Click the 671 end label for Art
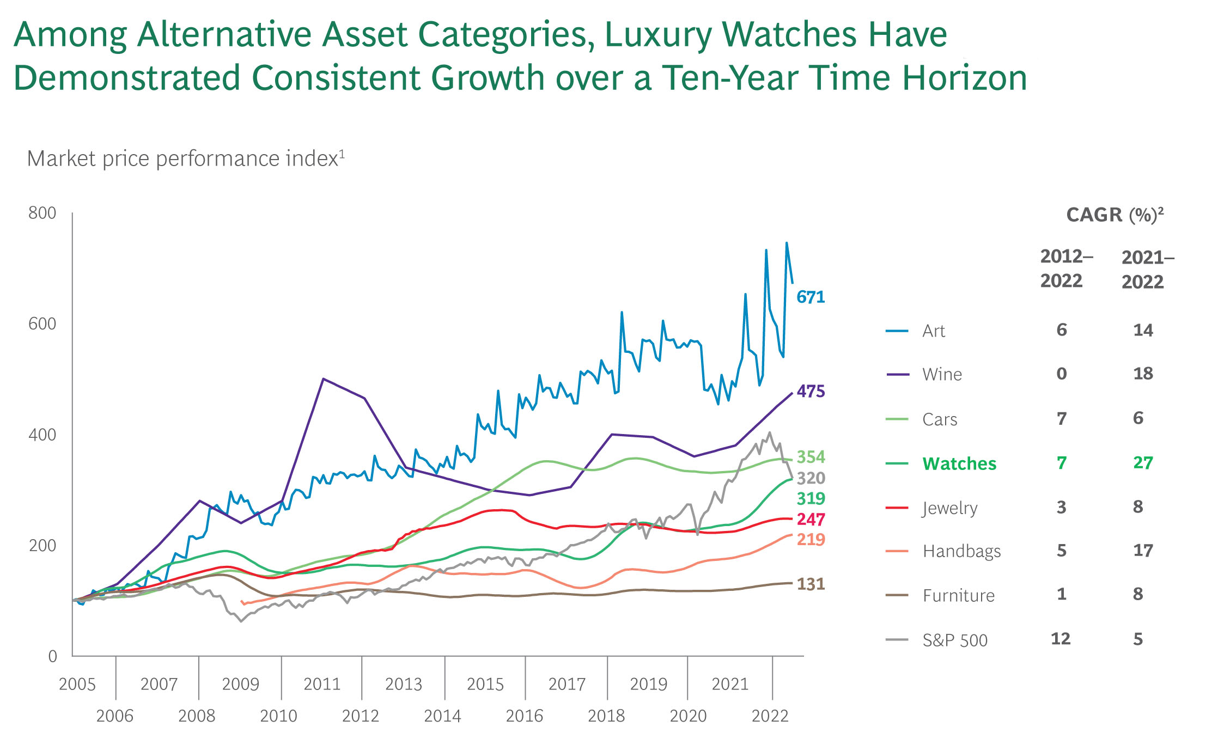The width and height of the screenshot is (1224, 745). coord(811,297)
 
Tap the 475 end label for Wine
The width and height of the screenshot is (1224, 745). coord(811,392)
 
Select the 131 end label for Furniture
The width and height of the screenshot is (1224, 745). coord(811,584)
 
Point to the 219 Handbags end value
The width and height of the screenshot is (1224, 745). coord(811,540)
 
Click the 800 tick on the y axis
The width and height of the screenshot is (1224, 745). coord(42,213)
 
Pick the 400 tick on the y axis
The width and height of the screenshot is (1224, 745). coord(42,435)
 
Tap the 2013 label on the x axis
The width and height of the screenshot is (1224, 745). coord(404,684)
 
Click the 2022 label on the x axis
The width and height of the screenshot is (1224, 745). coord(770,716)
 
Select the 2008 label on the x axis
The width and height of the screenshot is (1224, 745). coord(197,716)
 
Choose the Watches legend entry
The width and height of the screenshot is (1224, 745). coord(959,464)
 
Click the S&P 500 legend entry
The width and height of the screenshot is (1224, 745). coord(954,640)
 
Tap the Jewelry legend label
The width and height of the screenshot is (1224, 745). coord(949,508)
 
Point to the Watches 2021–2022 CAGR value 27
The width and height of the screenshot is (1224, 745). coord(1143,463)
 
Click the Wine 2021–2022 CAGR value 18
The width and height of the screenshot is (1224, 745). coord(1143,374)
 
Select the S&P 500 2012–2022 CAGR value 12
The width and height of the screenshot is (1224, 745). coord(1061,639)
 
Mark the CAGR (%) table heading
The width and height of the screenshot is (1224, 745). coord(1115,215)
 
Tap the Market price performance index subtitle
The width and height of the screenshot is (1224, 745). coord(185,159)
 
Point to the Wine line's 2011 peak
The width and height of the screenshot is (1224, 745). coord(323,378)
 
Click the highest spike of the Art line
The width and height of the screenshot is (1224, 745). coord(787,243)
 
